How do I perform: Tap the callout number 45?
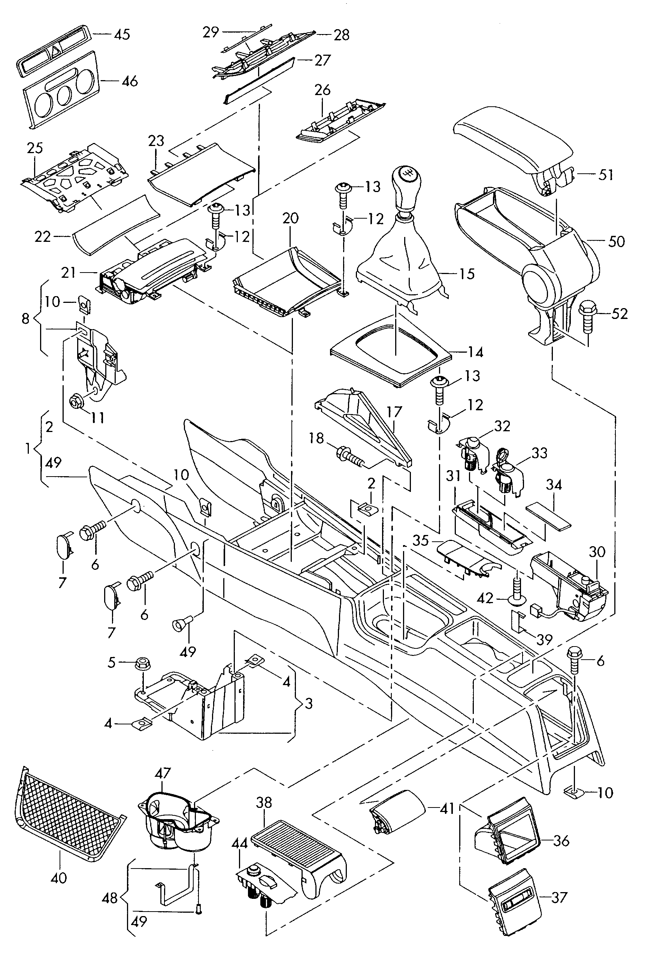pos(122,34)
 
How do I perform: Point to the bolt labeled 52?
pos(587,317)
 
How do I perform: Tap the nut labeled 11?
pos(77,399)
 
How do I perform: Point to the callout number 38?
pos(264,803)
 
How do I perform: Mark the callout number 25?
pos(35,148)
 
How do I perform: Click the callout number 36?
pos(561,840)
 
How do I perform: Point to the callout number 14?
pos(475,352)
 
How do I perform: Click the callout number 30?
pos(597,551)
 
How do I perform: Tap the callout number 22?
pos(42,237)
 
